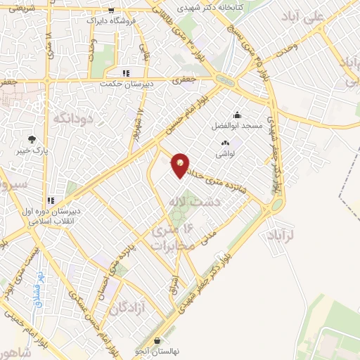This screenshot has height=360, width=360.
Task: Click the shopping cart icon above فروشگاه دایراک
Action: (111, 10)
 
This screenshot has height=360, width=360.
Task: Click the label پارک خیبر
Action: (32, 150)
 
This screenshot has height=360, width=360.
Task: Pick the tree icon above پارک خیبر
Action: (32, 139)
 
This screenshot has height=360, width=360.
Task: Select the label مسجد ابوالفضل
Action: (238, 127)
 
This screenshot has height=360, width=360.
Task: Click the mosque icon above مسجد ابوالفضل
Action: (238, 115)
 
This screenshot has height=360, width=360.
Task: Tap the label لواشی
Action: (225, 153)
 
